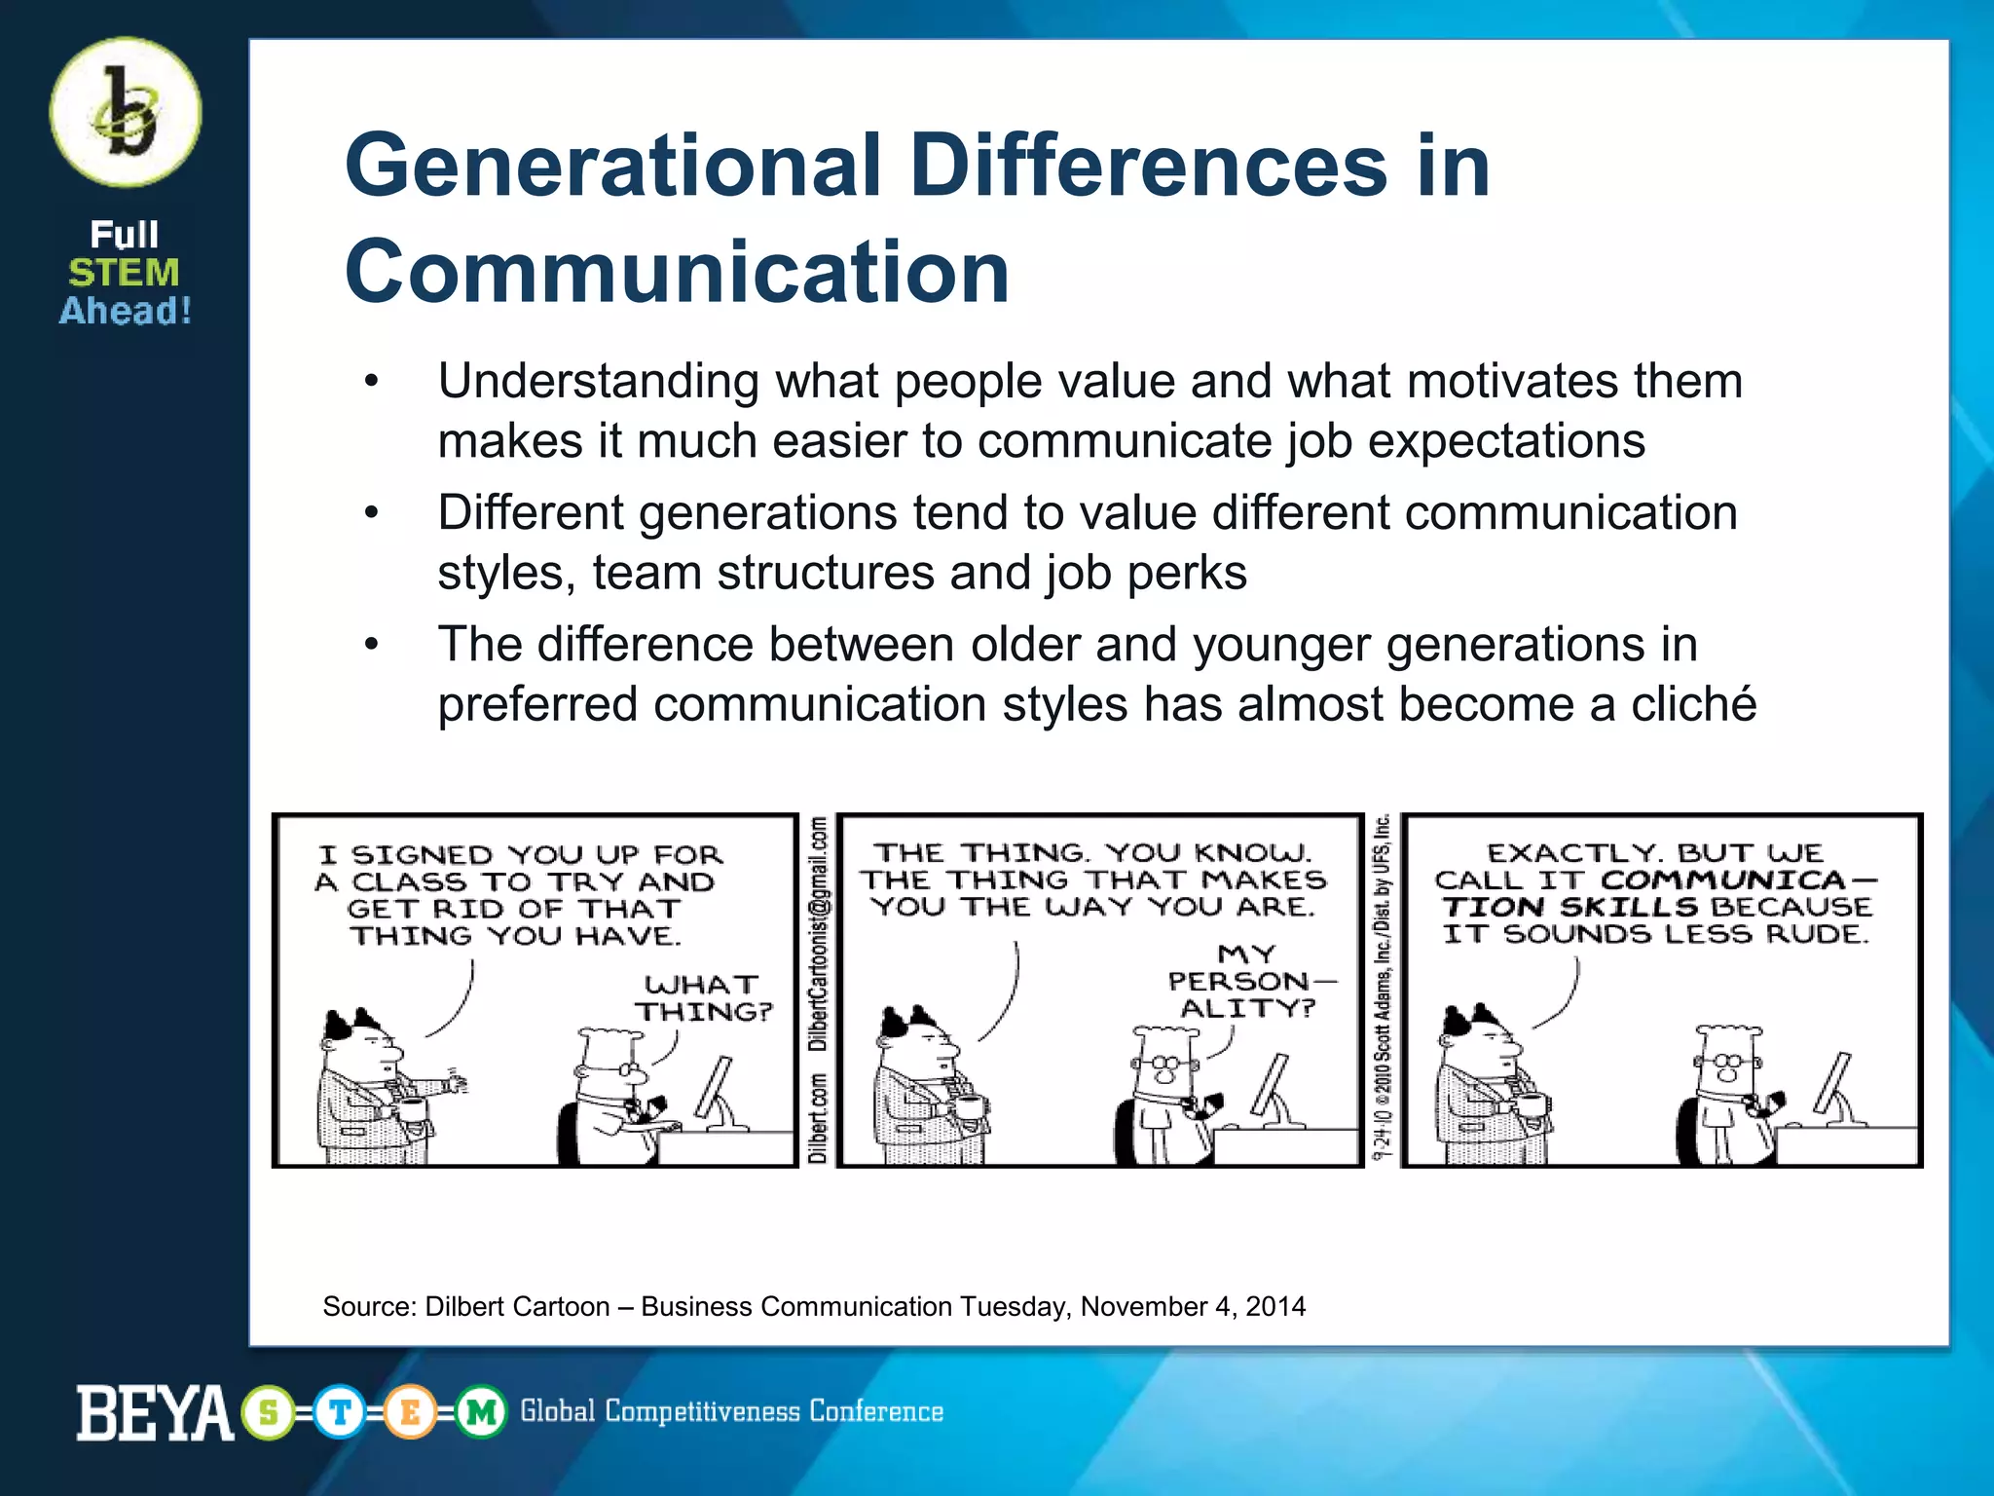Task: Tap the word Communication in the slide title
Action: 677,272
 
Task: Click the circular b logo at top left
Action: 126,113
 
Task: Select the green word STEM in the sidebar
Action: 124,273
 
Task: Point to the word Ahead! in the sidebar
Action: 126,311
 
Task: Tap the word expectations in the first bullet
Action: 1506,441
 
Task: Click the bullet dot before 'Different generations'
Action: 371,513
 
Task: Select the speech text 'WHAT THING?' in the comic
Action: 704,998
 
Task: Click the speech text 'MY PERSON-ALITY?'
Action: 1248,981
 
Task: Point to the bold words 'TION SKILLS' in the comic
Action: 1569,908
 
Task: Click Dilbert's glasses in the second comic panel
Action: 1163,1062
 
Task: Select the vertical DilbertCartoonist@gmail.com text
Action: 819,934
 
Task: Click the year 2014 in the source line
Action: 1274,1307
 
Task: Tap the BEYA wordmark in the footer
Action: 155,1413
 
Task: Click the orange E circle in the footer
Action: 410,1412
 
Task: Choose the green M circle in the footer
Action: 481,1412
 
